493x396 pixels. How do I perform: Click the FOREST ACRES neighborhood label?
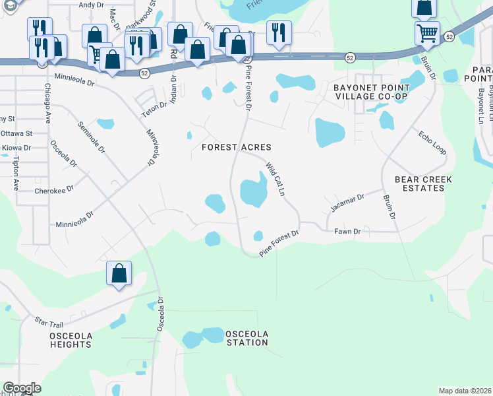pos(236,147)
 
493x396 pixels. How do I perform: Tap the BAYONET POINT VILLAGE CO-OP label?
pos(371,92)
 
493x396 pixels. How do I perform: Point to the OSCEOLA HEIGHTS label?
pos(71,340)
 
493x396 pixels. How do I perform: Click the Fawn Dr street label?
pos(347,232)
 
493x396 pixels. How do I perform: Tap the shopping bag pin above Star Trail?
pos(119,273)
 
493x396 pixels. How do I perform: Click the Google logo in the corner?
pos(22,388)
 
